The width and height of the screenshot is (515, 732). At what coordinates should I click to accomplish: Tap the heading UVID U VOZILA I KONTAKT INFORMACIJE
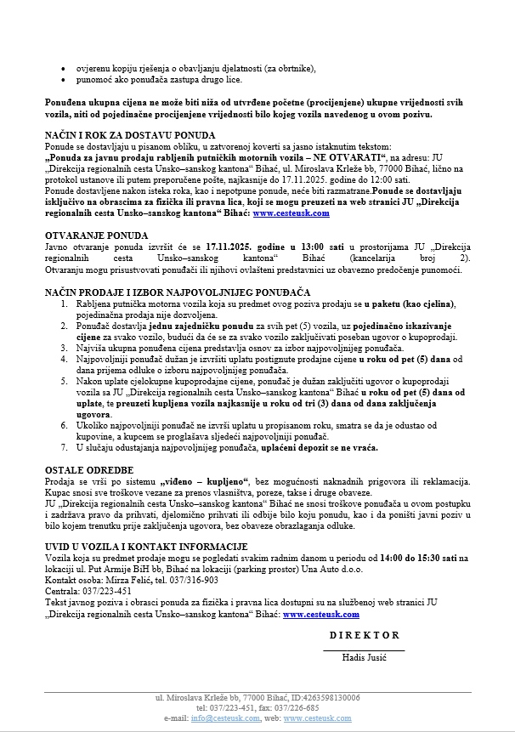(x=145, y=547)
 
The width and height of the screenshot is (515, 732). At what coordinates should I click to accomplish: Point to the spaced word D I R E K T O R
(x=364, y=635)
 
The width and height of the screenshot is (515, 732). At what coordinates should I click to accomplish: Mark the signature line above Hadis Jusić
(x=364, y=649)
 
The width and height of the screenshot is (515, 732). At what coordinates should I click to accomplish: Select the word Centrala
(x=62, y=591)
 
